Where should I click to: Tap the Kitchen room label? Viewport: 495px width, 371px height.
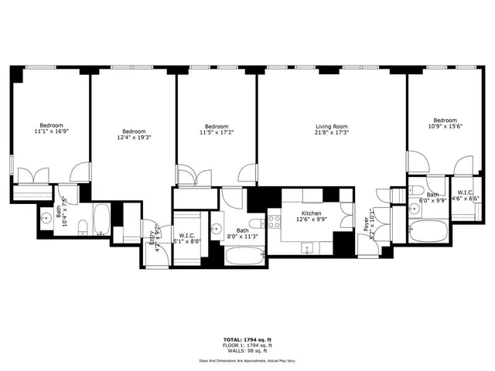point(311,213)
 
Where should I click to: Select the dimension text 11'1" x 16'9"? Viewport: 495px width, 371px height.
point(52,132)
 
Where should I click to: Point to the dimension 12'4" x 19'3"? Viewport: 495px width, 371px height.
point(133,138)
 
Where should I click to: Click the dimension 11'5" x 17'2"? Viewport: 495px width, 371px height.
point(217,133)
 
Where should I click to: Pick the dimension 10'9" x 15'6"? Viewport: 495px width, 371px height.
point(445,127)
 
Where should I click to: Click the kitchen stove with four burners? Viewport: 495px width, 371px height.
point(274,223)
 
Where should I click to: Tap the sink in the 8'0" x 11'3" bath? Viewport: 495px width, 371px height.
point(218,230)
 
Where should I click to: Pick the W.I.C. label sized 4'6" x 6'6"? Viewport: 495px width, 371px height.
point(465,192)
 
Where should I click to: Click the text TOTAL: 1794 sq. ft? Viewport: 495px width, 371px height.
point(248,339)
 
